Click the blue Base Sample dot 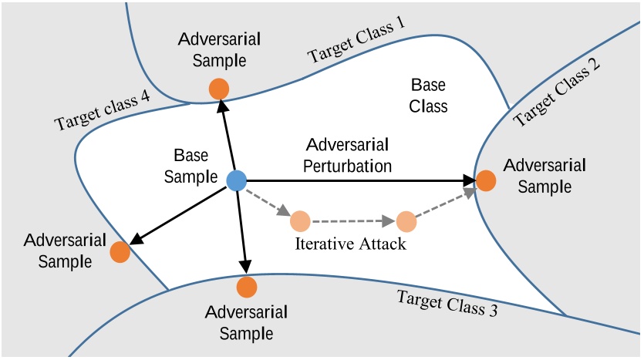point(236,180)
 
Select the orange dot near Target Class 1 point(219,89)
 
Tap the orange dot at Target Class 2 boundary point(486,180)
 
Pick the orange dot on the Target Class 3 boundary point(247,287)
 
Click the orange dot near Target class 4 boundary point(120,251)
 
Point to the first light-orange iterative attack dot point(300,222)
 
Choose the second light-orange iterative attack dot point(406,222)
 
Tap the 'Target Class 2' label point(557,94)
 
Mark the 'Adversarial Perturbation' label point(347,155)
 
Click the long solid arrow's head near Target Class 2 point(470,180)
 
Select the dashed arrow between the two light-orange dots point(352,222)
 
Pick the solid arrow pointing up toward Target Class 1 point(228,139)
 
